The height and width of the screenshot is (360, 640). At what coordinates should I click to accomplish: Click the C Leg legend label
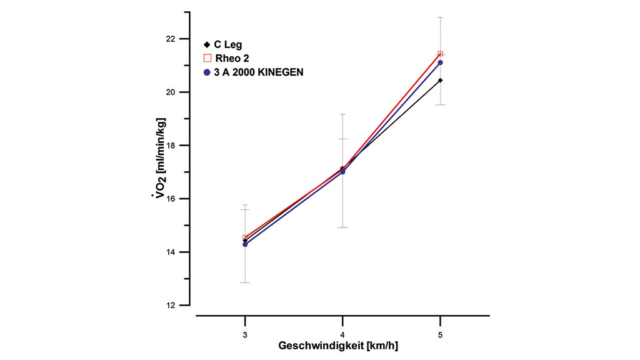coord(229,45)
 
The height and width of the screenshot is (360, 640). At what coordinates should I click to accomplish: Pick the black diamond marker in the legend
coord(207,45)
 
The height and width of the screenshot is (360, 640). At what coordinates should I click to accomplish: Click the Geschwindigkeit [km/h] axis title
coord(338,346)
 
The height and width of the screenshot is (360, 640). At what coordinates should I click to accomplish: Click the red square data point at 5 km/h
coord(441,54)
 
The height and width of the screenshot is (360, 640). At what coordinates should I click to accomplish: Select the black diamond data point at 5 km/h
coord(441,80)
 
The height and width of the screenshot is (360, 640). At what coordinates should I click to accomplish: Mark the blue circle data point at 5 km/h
coord(441,62)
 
